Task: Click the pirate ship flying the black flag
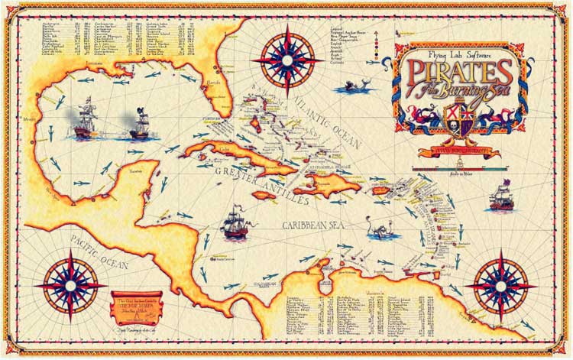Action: click(140, 125)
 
